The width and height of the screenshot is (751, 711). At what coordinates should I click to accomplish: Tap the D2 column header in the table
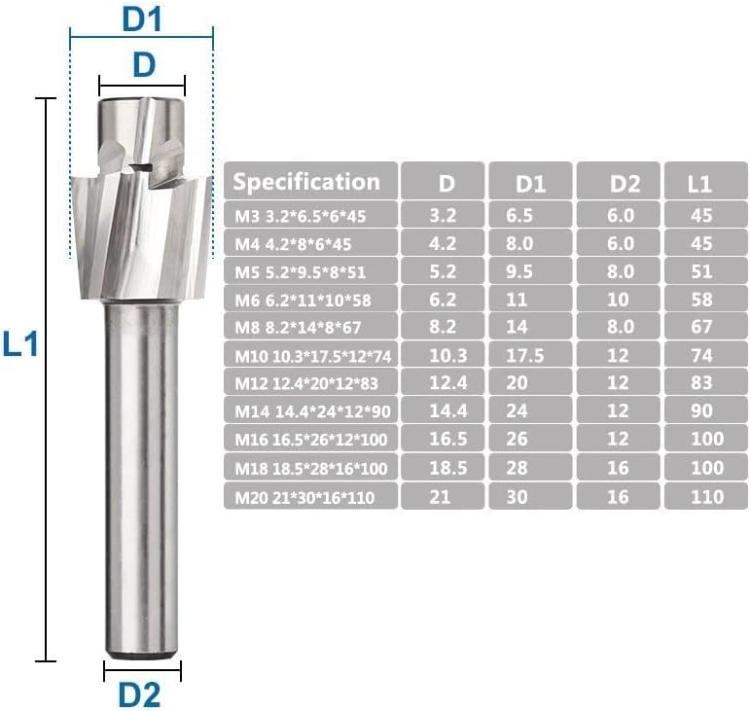point(621,182)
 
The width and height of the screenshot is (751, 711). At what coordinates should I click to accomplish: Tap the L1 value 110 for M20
point(707,496)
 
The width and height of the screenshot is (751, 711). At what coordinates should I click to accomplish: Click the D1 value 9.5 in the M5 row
point(532,270)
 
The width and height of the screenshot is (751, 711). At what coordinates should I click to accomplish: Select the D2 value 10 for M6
point(621,298)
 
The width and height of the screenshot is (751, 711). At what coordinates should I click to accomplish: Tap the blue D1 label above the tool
point(141,18)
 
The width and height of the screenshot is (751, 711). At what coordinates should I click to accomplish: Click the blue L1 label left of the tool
point(19,343)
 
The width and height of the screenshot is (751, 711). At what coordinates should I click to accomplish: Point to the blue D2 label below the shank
point(139,693)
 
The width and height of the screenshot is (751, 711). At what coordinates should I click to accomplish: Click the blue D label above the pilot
point(143,64)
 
